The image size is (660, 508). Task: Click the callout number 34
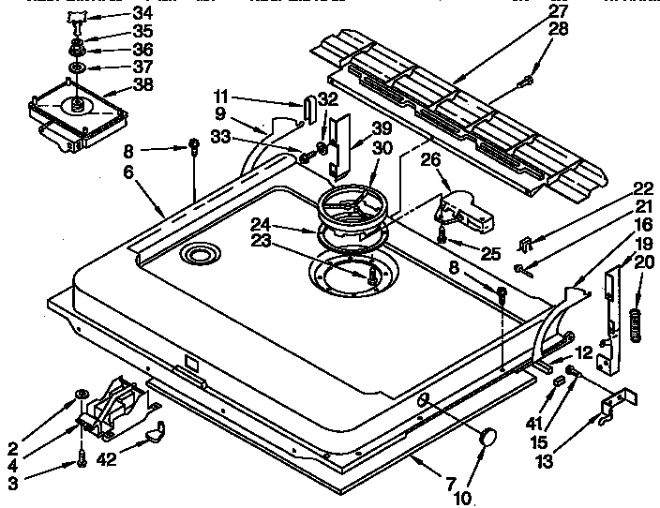(141, 12)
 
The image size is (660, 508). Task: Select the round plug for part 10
(487, 436)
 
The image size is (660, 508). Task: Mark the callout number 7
(452, 483)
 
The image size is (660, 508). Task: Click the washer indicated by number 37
(76, 68)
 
